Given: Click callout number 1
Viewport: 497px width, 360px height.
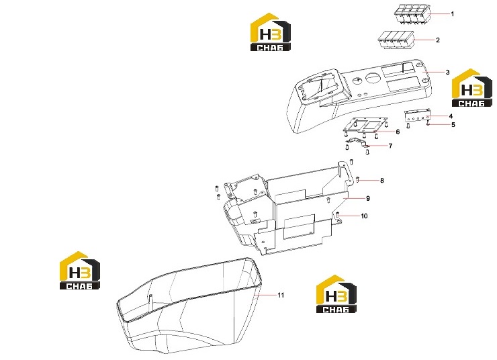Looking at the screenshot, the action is tap(452, 14).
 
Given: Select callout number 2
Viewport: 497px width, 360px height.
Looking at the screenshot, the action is tap(438, 40).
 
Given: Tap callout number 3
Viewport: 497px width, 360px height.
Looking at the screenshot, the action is tap(447, 73).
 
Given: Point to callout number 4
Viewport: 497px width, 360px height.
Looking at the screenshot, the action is tap(451, 116).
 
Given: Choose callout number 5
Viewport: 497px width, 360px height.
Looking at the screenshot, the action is tap(453, 124).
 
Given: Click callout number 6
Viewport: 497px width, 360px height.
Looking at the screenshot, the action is tap(398, 132).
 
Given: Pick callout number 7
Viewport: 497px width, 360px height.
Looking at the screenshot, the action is tap(390, 146).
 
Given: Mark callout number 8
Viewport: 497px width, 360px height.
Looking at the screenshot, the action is tap(382, 180).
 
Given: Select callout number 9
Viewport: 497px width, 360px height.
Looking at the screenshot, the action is tap(367, 198).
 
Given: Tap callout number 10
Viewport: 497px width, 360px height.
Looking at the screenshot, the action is tap(364, 216).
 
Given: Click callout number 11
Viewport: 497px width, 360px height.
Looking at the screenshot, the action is tap(281, 295).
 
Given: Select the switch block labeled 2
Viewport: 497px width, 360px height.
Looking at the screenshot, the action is tap(396, 40).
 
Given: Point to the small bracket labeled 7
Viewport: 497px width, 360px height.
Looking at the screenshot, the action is tap(357, 142).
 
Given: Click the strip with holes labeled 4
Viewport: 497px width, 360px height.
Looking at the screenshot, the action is tap(418, 116).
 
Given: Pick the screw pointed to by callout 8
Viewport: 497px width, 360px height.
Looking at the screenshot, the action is tap(358, 180).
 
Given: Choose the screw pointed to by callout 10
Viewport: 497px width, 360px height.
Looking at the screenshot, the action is tap(338, 215).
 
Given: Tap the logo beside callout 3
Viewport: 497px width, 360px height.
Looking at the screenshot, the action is tap(471, 88).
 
